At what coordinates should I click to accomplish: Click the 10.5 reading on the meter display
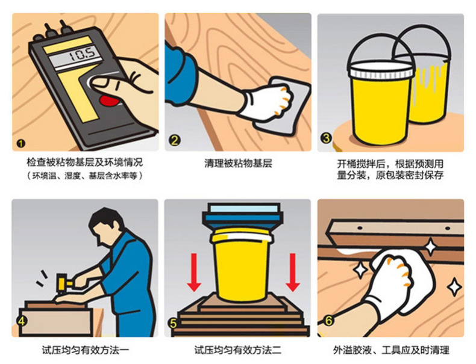point(83,55)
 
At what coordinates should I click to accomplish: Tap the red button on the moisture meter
point(108,100)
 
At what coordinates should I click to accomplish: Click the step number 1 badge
point(21,143)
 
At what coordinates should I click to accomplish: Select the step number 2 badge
point(175,140)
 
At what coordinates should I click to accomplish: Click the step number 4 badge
point(22,320)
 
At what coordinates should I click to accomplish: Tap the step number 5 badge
point(174,323)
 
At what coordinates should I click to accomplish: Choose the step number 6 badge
point(328,321)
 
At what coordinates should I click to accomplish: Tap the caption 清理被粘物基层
point(238,164)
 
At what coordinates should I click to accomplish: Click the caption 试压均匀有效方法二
point(237,350)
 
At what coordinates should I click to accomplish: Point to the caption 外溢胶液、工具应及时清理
point(390,350)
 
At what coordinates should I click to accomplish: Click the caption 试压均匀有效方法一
point(86,350)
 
